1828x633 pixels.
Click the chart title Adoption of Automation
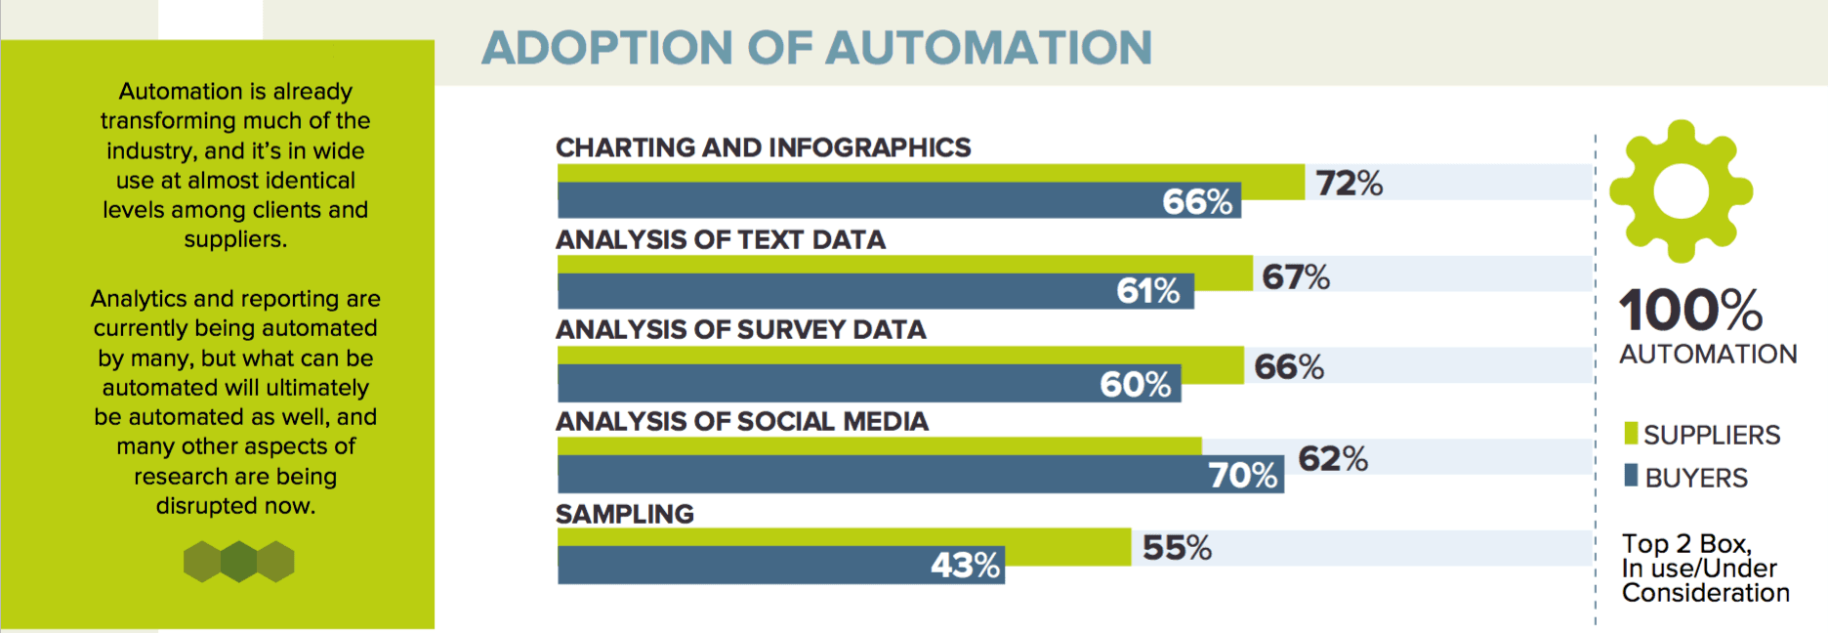pos(816,48)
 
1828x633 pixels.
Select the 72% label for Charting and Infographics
pos(1349,183)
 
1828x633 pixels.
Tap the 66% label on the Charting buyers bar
pos(1197,201)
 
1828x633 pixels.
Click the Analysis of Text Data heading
pos(721,240)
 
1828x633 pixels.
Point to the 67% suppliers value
pos(1296,276)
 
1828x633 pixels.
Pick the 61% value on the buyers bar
pos(1148,291)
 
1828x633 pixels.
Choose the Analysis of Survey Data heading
pos(740,330)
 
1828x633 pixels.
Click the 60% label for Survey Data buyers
pos(1135,384)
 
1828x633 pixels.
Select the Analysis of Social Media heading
pos(742,422)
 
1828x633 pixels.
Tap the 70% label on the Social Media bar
pos(1242,475)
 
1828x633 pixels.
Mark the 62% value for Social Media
pos(1332,458)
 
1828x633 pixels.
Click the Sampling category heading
pos(625,514)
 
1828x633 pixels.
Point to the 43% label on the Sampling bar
pos(965,565)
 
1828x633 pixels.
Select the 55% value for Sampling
pos(1177,548)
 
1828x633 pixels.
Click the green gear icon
pos(1681,191)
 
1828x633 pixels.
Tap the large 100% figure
pos(1690,310)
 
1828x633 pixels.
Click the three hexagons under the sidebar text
pos(238,562)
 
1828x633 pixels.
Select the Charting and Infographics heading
pos(763,148)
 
